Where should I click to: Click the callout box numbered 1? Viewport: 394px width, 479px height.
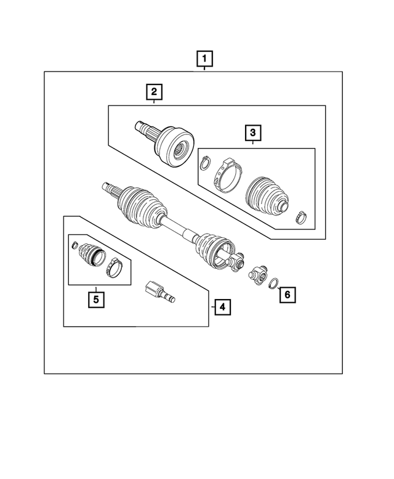(x=204, y=59)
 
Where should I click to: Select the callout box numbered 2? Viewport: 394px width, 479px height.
(x=153, y=93)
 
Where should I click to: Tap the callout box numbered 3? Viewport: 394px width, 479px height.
(x=252, y=132)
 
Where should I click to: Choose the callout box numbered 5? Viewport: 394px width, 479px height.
(x=95, y=300)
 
